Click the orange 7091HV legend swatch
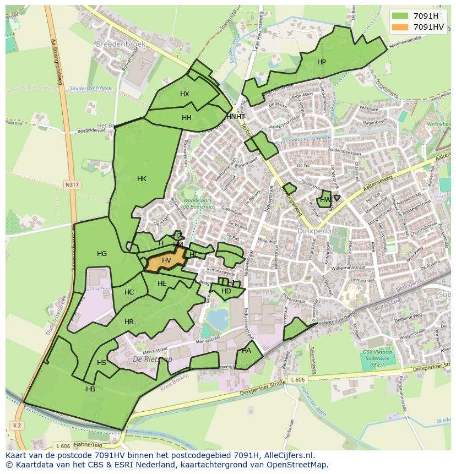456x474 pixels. [400, 27]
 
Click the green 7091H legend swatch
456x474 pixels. [400, 16]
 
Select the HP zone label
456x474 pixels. [322, 62]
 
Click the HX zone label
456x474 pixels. [184, 94]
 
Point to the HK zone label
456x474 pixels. [142, 178]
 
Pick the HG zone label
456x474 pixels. [102, 254]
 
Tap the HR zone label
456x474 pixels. [129, 322]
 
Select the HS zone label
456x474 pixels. [101, 363]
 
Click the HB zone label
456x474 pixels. [91, 389]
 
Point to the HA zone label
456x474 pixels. [246, 351]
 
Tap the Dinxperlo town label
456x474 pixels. [314, 231]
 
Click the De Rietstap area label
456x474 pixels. [153, 359]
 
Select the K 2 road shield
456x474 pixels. [16, 425]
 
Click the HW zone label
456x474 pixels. [325, 200]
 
